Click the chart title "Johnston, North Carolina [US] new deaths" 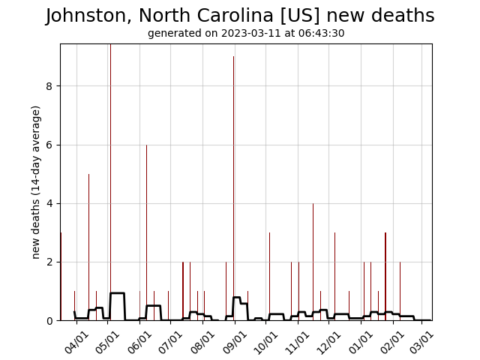click(x=240, y=16)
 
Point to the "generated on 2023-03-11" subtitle click(x=246, y=34)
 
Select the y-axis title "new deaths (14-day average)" click(x=36, y=182)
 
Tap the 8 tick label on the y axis click(x=49, y=86)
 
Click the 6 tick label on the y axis click(x=49, y=145)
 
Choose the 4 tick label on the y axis click(x=49, y=203)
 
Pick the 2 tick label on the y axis click(x=49, y=262)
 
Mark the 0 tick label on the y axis click(x=49, y=321)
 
